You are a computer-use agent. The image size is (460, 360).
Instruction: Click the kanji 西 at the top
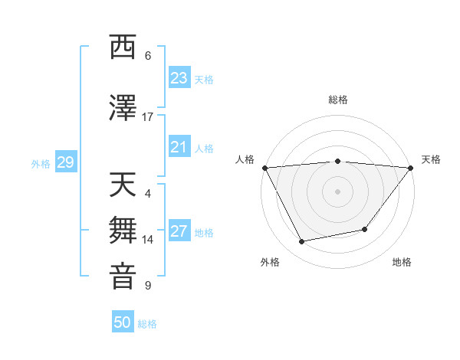123,47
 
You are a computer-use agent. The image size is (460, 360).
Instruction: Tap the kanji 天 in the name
123,185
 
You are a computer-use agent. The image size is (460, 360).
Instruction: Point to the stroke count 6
148,56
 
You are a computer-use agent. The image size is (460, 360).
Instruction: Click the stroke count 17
148,117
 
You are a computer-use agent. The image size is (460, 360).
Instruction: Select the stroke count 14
148,240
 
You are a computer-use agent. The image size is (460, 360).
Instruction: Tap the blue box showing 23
179,77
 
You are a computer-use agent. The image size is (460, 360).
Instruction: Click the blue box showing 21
179,147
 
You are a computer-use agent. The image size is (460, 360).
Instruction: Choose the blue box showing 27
179,231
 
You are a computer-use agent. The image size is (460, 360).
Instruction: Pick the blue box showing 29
65,162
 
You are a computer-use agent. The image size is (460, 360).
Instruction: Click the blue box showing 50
123,322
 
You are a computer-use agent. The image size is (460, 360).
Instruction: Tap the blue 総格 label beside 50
147,324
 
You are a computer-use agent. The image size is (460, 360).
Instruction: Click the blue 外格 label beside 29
41,163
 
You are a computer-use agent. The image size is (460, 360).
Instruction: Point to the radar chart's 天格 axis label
432,159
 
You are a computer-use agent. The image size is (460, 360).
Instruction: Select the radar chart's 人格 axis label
245,159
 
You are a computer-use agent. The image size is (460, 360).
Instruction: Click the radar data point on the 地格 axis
365,229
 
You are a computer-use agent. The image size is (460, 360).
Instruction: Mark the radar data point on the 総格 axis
338,161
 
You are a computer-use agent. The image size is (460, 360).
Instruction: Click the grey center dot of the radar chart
338,191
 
